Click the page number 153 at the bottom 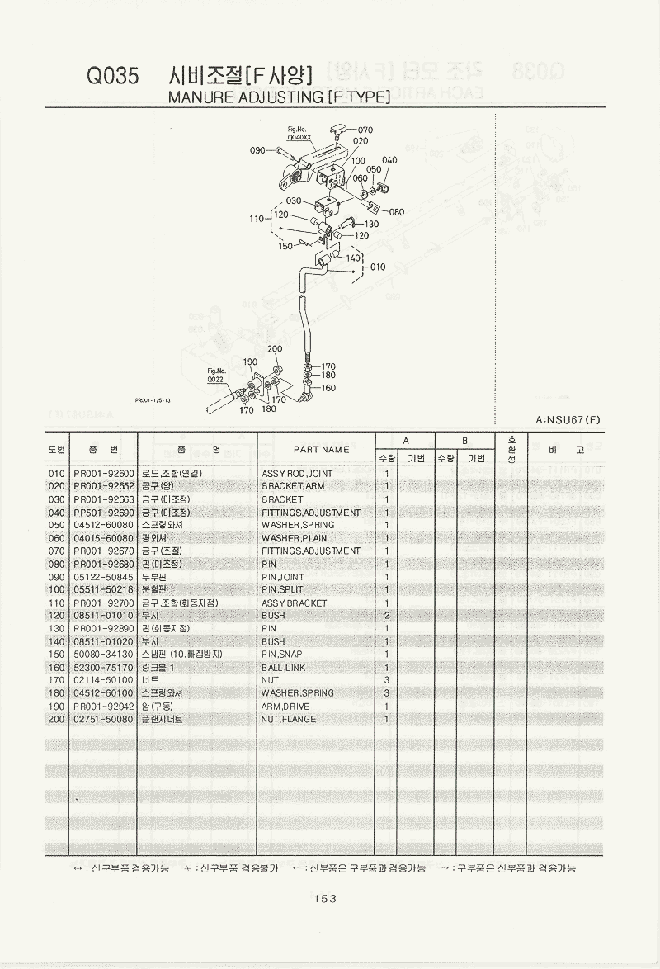(325, 899)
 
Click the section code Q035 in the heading (113, 77)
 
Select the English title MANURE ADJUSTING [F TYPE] (279, 97)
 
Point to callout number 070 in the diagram (365, 130)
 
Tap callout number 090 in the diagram (257, 151)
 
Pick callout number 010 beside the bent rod (378, 267)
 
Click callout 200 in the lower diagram (275, 349)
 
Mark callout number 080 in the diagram (397, 212)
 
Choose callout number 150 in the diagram (285, 246)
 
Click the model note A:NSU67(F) (568, 420)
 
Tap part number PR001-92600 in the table (103, 474)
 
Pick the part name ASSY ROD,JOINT (297, 474)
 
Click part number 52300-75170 (103, 668)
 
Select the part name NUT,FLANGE (290, 719)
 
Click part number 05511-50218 (103, 590)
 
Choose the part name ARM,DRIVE (286, 707)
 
